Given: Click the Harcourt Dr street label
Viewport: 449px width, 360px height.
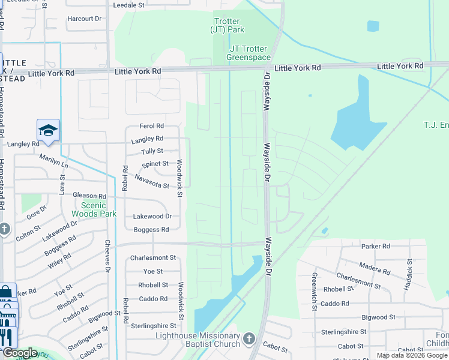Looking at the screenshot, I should (x=85, y=19).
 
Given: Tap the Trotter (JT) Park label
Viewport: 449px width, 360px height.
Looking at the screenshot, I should (x=228, y=25).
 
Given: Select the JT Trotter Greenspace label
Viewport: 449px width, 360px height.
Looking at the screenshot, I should (x=249, y=53).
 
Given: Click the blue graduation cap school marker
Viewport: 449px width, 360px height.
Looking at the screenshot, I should (x=48, y=130).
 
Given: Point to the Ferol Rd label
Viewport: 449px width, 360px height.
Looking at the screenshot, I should (x=151, y=126).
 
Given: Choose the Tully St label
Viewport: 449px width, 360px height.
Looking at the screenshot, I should (x=152, y=151).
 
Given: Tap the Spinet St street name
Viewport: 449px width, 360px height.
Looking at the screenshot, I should (x=155, y=164).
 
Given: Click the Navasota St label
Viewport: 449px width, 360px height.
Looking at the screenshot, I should (x=151, y=181).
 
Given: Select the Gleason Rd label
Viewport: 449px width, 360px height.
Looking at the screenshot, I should (x=89, y=196).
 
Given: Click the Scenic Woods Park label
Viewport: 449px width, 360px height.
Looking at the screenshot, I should (x=94, y=209).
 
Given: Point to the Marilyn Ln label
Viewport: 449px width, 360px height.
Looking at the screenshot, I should (x=54, y=161).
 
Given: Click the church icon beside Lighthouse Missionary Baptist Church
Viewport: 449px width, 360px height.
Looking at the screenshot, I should (x=249, y=340).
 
